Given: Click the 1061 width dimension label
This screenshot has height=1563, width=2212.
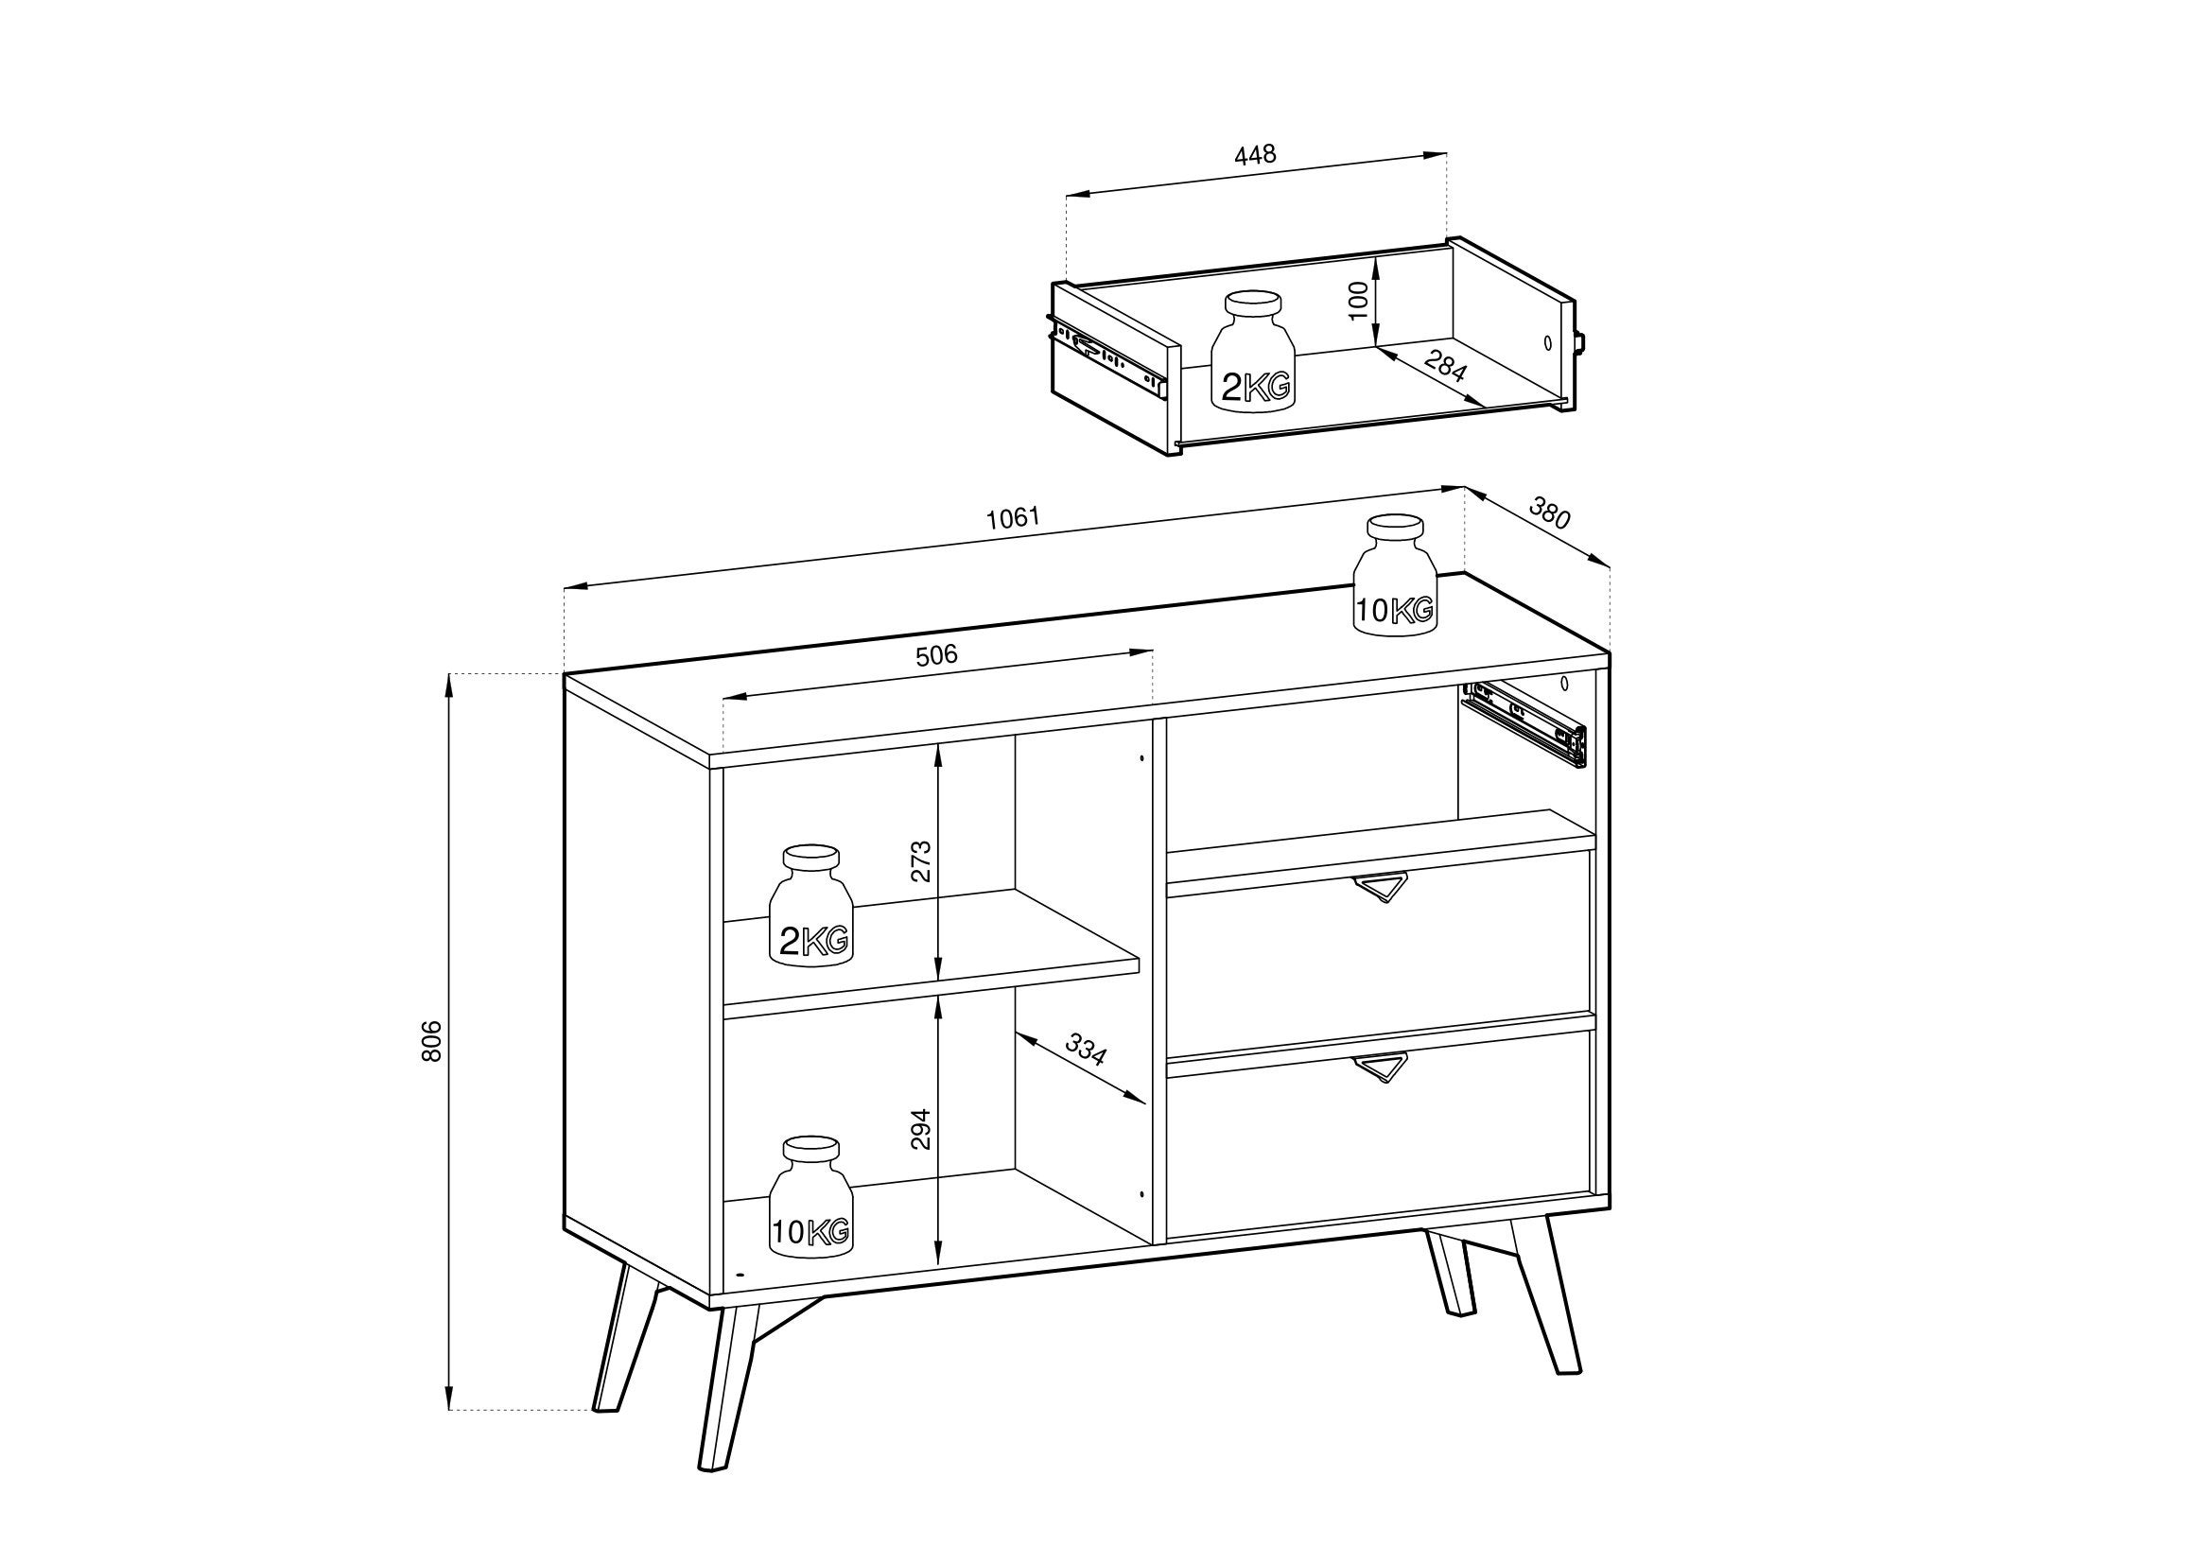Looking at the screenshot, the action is point(1014,517).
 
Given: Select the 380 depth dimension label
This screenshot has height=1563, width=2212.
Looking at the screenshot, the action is point(1549,512).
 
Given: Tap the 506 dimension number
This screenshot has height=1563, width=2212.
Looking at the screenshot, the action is point(936,655).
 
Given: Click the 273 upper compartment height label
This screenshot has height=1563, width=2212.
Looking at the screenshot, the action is point(922,861).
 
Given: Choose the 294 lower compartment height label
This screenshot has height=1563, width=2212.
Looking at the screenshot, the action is point(922,1129).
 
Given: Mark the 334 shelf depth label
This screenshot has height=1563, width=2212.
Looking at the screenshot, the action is point(1086,1049).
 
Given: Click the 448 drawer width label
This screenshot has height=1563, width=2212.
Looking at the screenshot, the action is point(1255,154).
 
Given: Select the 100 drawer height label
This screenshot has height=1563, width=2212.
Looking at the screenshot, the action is point(1358,300).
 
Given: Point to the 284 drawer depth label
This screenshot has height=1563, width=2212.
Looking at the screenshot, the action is point(1445,366).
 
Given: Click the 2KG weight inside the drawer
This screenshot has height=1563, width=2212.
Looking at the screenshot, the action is point(1252,353).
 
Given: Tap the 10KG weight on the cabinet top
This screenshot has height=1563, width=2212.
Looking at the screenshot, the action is point(1395,574).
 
